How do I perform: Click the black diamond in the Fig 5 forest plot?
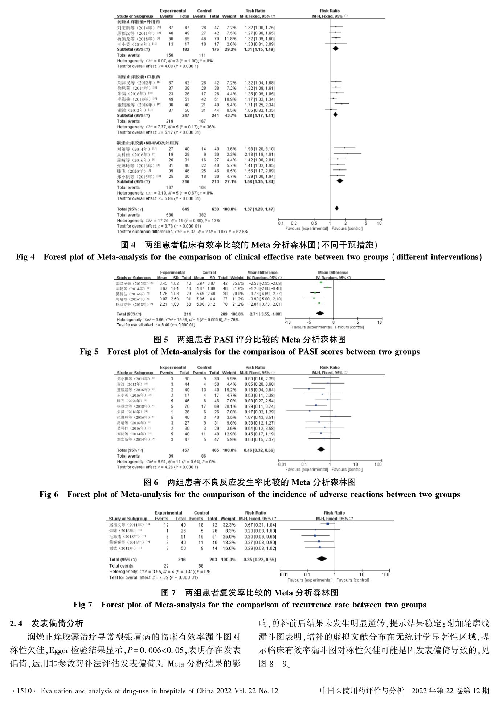[320, 313]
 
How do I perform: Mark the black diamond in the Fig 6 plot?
[321, 449]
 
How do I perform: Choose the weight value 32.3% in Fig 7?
[228, 525]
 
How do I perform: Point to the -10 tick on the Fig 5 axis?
[287, 322]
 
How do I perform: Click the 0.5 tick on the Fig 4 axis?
[314, 224]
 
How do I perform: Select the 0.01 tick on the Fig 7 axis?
[284, 574]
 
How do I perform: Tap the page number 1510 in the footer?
[23, 691]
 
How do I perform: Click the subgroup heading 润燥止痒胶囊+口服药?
[139, 77]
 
